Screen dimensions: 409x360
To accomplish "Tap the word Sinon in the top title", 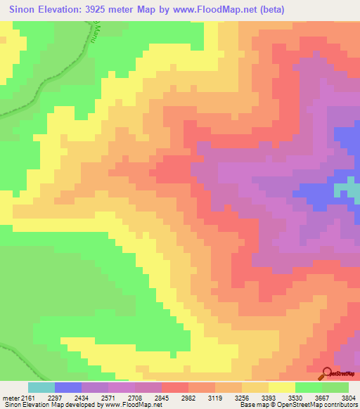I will (x=25, y=9).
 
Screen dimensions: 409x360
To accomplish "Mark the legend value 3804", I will (x=349, y=398).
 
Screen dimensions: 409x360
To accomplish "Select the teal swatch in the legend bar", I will (x=41, y=387).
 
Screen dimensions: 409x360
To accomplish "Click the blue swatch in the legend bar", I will (x=68, y=387).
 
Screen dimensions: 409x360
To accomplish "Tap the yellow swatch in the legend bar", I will (x=282, y=387).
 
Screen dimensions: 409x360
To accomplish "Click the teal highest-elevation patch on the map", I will (x=345, y=188).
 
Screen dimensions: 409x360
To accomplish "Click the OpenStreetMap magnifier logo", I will (x=327, y=372).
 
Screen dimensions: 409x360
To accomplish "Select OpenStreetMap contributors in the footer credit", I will (x=319, y=405).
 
